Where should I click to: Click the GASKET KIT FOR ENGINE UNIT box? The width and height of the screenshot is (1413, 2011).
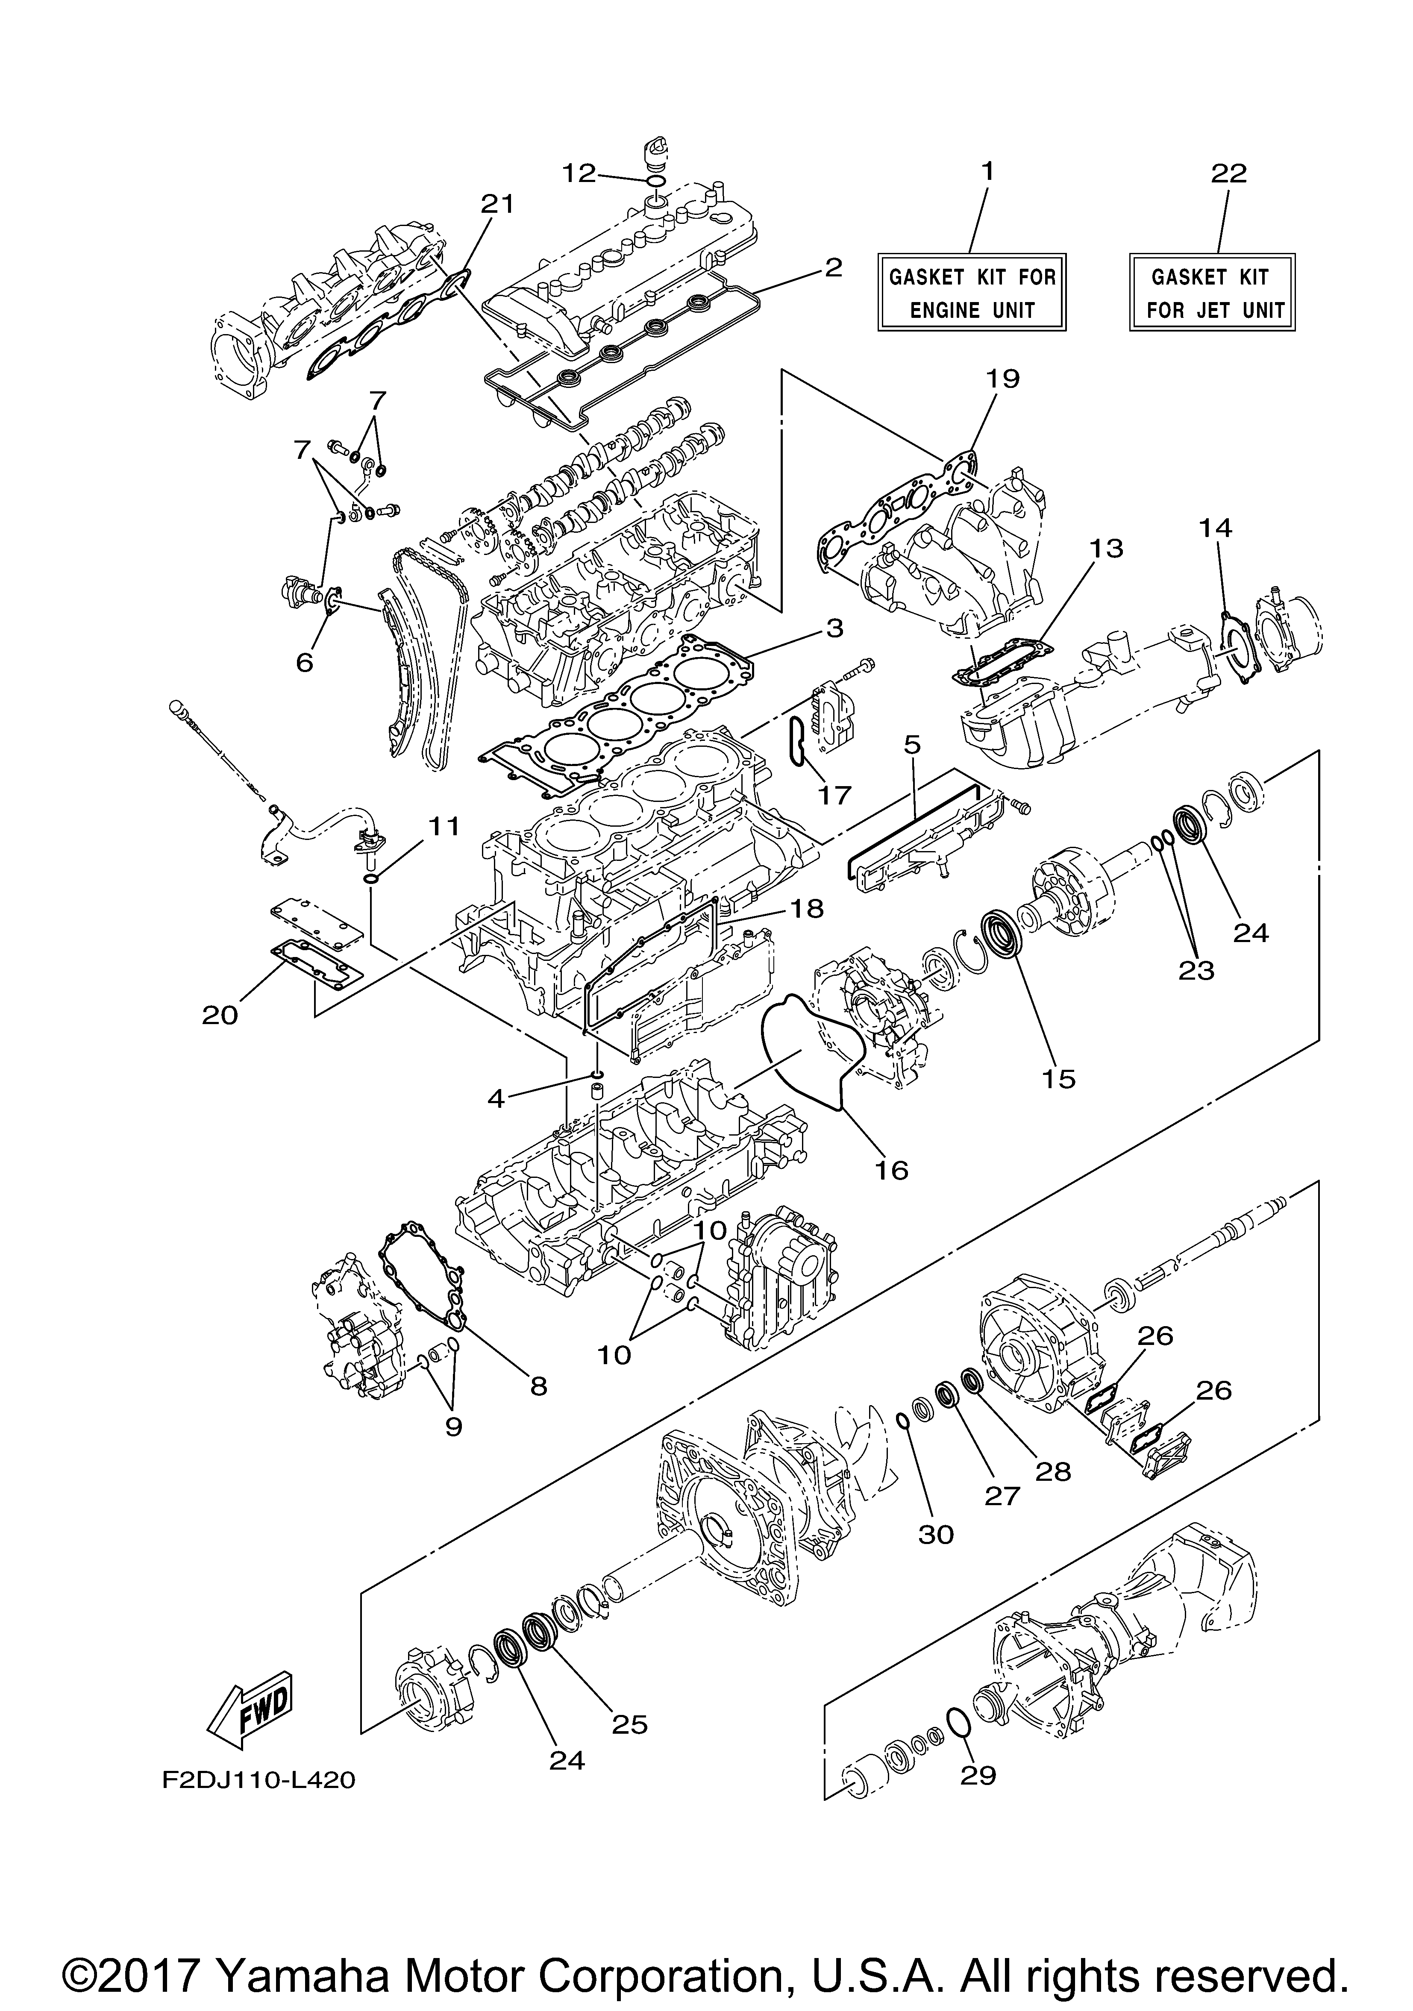click(972, 293)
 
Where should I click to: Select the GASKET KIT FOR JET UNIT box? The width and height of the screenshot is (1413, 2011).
click(1211, 293)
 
